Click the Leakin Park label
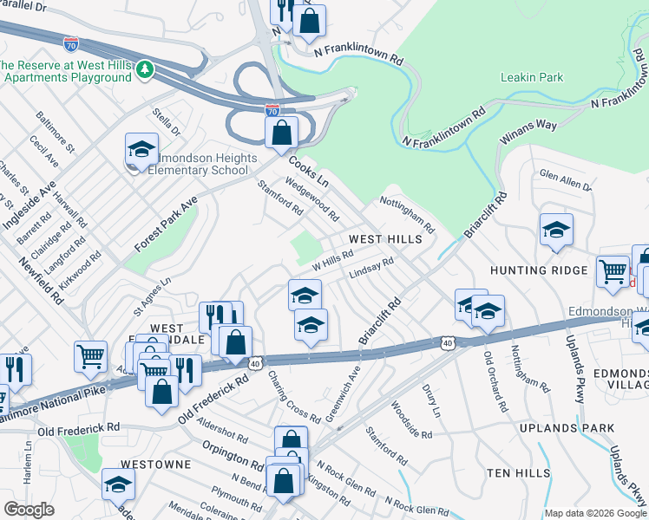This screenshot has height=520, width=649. pyautogui.click(x=531, y=78)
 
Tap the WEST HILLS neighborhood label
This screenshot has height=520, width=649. pyautogui.click(x=385, y=238)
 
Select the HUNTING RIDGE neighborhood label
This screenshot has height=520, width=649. pyautogui.click(x=539, y=270)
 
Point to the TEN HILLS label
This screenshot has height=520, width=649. pyautogui.click(x=518, y=472)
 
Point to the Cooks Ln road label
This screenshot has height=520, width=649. pyautogui.click(x=310, y=171)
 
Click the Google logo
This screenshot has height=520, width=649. pyautogui.click(x=29, y=510)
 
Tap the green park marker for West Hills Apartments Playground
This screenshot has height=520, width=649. pyautogui.click(x=147, y=68)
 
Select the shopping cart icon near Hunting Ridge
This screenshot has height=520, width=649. pyautogui.click(x=613, y=270)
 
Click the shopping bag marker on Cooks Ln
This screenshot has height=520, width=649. pyautogui.click(x=281, y=133)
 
